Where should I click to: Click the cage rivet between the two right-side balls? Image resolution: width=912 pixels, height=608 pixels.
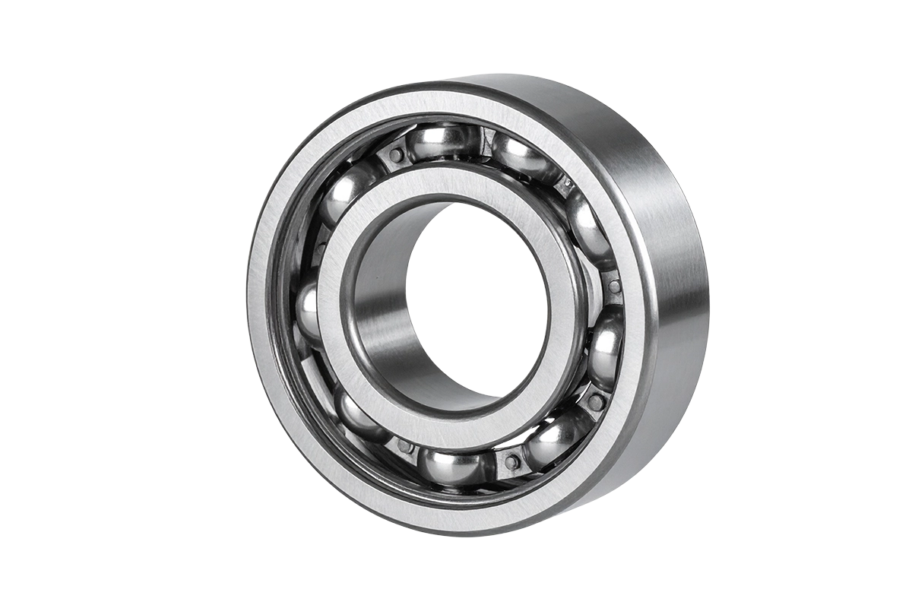click(x=614, y=287)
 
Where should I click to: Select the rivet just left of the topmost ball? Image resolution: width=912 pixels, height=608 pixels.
click(x=395, y=155)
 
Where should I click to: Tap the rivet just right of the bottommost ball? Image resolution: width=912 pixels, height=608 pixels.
click(x=511, y=461)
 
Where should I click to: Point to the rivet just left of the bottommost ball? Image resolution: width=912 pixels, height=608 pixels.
click(x=405, y=446)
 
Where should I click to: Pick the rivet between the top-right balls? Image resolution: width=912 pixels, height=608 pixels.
click(x=566, y=185)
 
